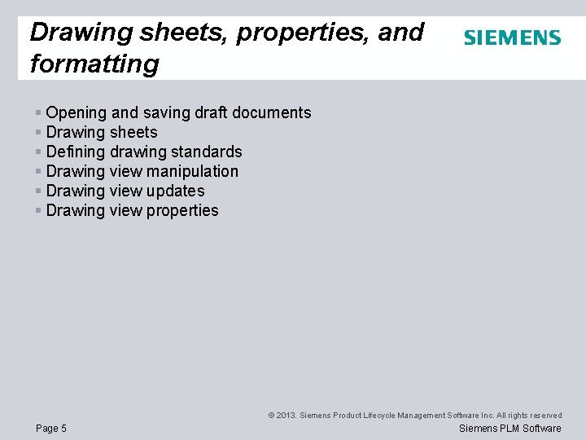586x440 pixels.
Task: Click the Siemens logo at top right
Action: pyautogui.click(x=512, y=37)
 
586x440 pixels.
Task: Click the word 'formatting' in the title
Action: pyautogui.click(x=94, y=64)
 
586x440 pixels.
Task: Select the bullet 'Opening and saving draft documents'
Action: pyautogui.click(x=178, y=112)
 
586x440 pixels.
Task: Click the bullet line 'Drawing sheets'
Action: pyautogui.click(x=102, y=132)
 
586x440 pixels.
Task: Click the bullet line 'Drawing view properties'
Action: pyautogui.click(x=132, y=210)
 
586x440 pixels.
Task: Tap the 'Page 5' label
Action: pyautogui.click(x=51, y=429)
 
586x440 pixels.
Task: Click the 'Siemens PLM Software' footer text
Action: pyautogui.click(x=510, y=429)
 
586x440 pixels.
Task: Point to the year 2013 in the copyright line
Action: pyautogui.click(x=286, y=416)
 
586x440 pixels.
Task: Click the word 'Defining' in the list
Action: pyautogui.click(x=76, y=152)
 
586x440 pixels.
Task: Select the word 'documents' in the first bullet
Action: pyautogui.click(x=273, y=112)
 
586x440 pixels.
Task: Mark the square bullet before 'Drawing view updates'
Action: pyautogui.click(x=38, y=191)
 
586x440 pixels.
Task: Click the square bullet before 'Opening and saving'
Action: pyautogui.click(x=38, y=112)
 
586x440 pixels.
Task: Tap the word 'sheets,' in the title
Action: pyautogui.click(x=168, y=33)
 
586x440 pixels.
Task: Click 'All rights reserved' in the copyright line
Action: pyautogui.click(x=530, y=416)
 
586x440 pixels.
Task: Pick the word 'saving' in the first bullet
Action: pyautogui.click(x=168, y=112)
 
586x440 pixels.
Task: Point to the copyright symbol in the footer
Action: pyautogui.click(x=271, y=416)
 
